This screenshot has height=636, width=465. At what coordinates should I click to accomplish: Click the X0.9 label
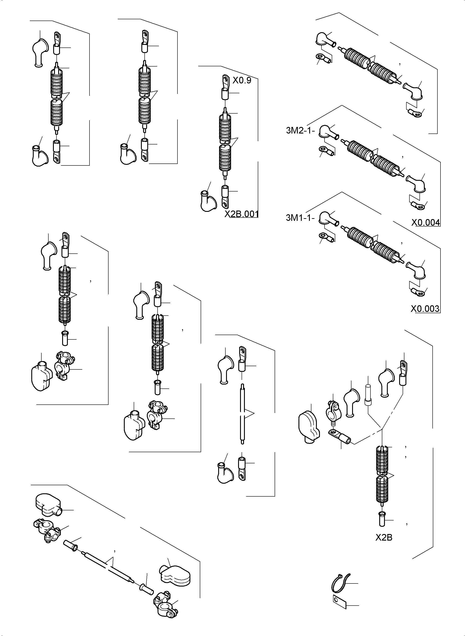pyautogui.click(x=242, y=81)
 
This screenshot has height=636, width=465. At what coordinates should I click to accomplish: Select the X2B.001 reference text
pyautogui.click(x=242, y=214)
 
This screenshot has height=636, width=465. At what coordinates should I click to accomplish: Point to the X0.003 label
pyautogui.click(x=425, y=309)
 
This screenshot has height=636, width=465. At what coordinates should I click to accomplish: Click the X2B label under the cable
pyautogui.click(x=384, y=538)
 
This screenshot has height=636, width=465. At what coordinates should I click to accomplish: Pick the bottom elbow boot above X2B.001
pyautogui.click(x=208, y=201)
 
